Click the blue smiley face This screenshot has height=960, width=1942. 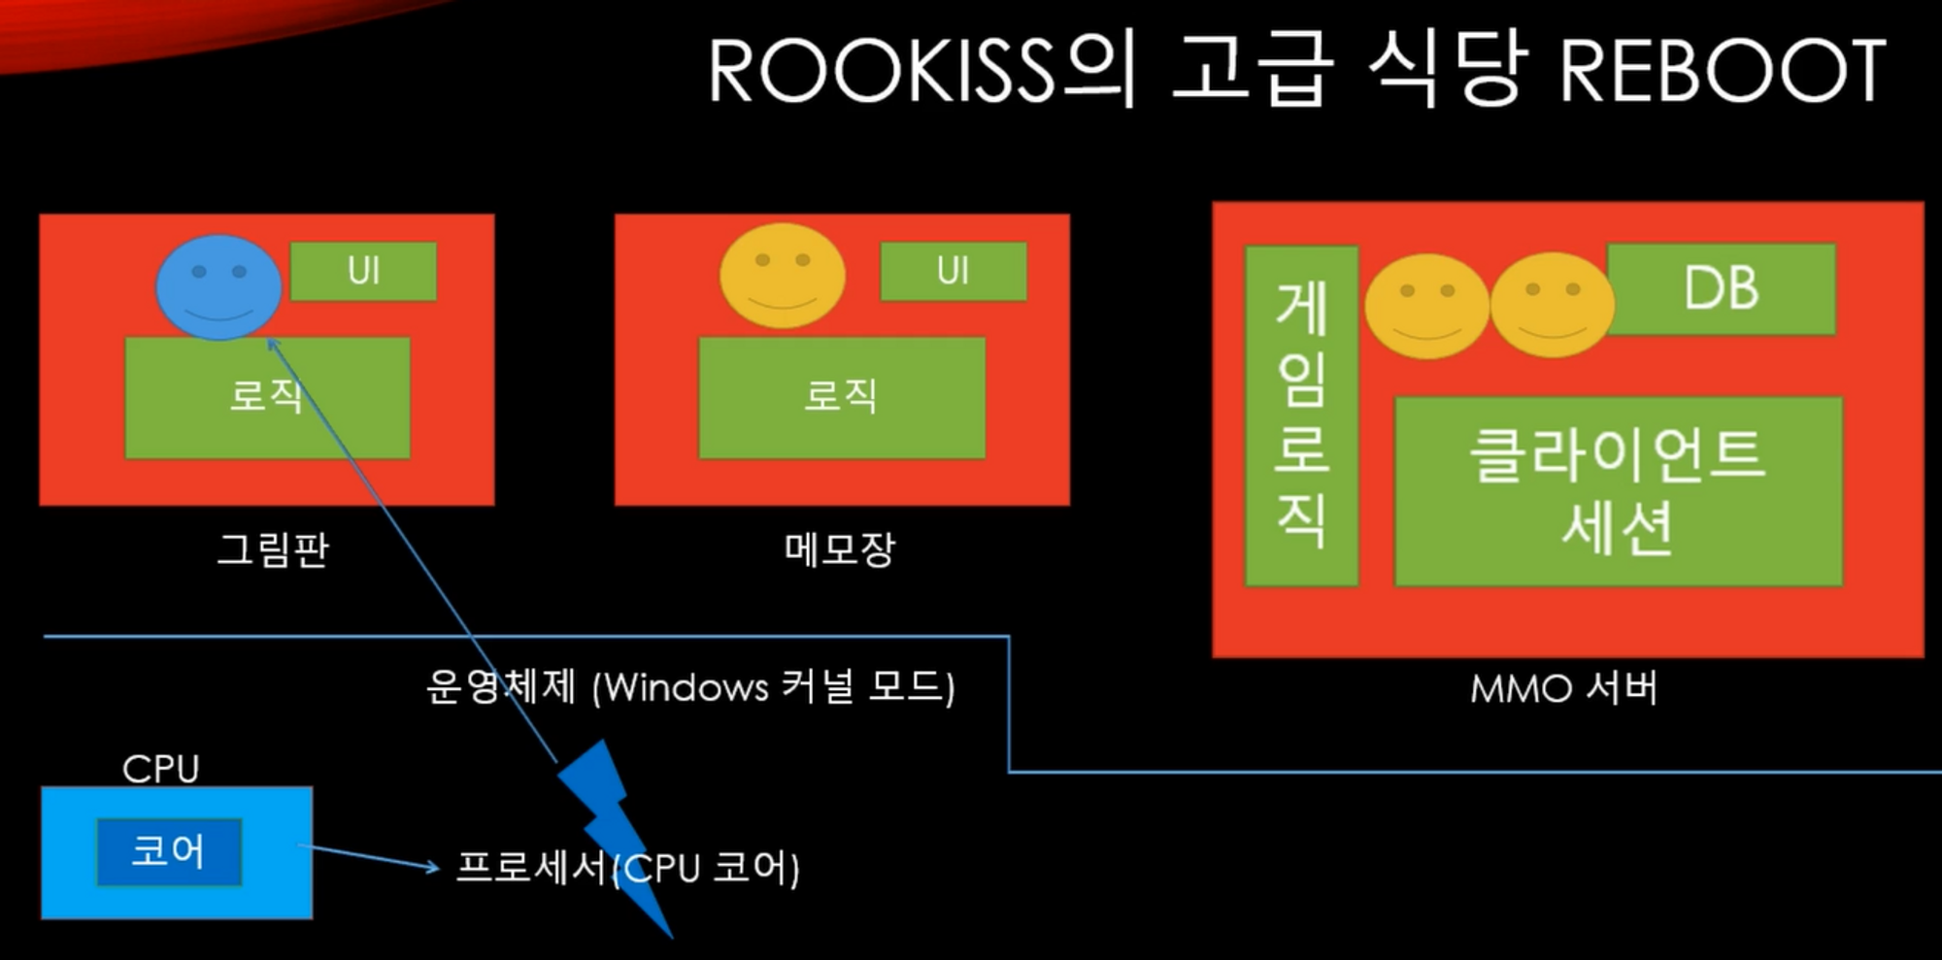click(218, 286)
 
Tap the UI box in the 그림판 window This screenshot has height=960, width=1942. click(363, 271)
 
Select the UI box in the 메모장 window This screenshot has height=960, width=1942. click(953, 271)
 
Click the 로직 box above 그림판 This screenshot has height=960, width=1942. click(267, 397)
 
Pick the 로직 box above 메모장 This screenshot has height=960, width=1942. click(842, 397)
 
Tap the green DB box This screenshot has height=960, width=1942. click(1721, 288)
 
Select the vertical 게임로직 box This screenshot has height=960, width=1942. click(1301, 415)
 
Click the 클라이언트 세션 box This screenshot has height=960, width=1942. click(1618, 491)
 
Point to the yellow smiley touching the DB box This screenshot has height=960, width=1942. click(1552, 305)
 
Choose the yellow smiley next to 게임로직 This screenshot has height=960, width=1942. click(1426, 306)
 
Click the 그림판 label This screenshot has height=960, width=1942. click(272, 549)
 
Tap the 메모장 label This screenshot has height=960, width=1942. click(840, 549)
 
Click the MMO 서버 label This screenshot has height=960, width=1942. click(1563, 688)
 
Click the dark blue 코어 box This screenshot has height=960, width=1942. click(168, 851)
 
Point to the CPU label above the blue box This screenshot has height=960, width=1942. click(160, 769)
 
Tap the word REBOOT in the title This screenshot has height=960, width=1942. click(1722, 71)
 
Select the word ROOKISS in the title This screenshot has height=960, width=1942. click(881, 71)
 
